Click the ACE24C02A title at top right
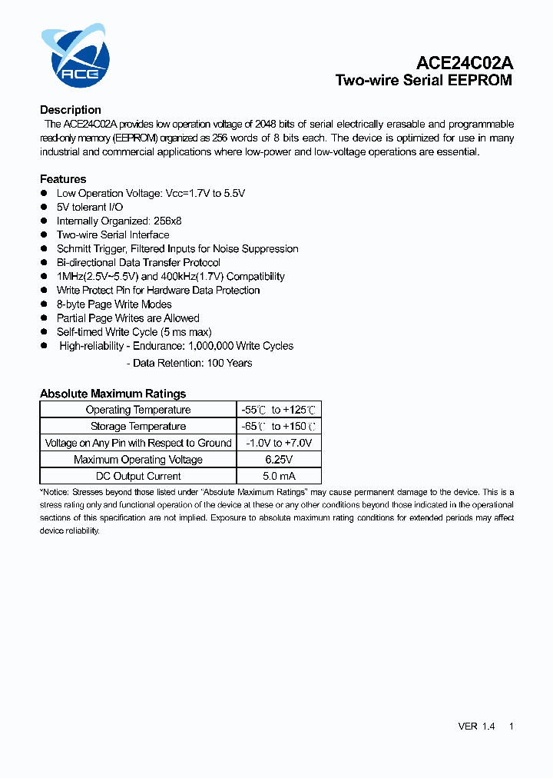[465, 63]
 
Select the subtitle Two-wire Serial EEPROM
[423, 81]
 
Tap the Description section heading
[71, 110]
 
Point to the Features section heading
[63, 179]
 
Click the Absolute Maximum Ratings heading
[113, 394]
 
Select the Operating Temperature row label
[138, 410]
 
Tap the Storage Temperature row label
[138, 427]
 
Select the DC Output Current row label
[138, 476]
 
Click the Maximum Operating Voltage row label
[138, 460]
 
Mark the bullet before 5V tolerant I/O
[45, 208]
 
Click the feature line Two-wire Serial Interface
[113, 235]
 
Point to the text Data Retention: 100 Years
[192, 363]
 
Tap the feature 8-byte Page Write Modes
[114, 304]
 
